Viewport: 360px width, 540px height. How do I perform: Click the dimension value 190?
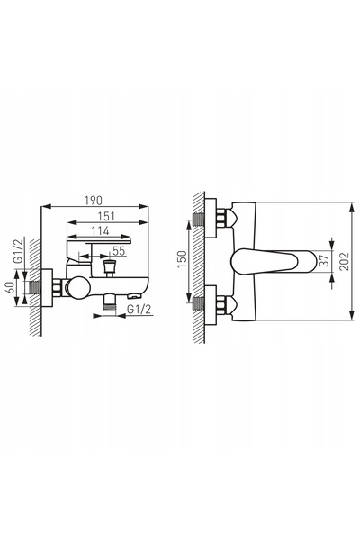(x=94, y=201)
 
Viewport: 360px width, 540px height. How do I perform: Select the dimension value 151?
(x=106, y=217)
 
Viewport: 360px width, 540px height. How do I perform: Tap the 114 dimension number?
(x=100, y=230)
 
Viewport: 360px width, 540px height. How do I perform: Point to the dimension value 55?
(x=119, y=251)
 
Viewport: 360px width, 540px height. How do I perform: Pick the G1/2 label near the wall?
(x=19, y=251)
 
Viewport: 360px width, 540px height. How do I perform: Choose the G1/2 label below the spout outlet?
(x=139, y=310)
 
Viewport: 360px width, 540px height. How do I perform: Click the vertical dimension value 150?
(x=182, y=259)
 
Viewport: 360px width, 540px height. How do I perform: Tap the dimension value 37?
(x=325, y=261)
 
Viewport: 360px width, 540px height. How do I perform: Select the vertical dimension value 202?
(x=344, y=261)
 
